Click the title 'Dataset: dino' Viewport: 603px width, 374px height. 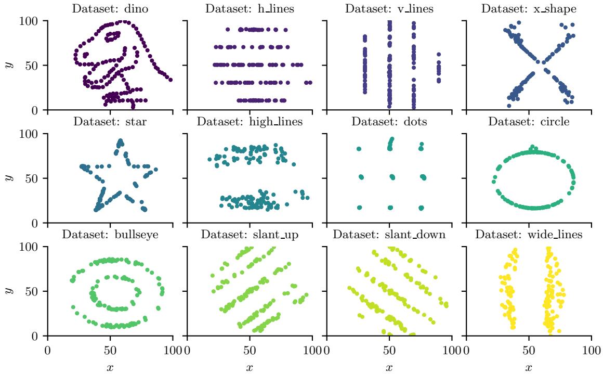click(x=110, y=9)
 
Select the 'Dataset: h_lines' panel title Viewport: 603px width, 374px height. click(x=250, y=9)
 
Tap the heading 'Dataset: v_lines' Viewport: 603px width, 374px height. click(x=389, y=9)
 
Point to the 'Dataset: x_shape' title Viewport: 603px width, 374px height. click(x=529, y=9)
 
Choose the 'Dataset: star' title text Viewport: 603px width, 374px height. click(x=110, y=122)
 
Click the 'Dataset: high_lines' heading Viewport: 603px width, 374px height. click(x=250, y=122)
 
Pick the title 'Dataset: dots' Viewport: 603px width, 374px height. click(x=389, y=122)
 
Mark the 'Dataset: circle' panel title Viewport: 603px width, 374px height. click(x=529, y=122)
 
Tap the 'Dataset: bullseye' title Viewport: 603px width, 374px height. click(x=110, y=235)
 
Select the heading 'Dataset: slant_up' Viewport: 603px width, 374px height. click(x=250, y=235)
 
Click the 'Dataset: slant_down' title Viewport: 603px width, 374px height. click(x=389, y=235)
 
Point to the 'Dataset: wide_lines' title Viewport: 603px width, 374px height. click(x=529, y=235)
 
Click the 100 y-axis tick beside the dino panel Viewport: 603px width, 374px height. click(x=33, y=21)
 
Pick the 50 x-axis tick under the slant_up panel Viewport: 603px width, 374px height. click(x=250, y=350)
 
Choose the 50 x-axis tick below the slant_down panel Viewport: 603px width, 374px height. click(x=389, y=350)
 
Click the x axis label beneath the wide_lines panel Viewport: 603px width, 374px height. click(x=529, y=367)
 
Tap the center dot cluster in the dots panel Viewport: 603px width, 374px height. click(x=391, y=177)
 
